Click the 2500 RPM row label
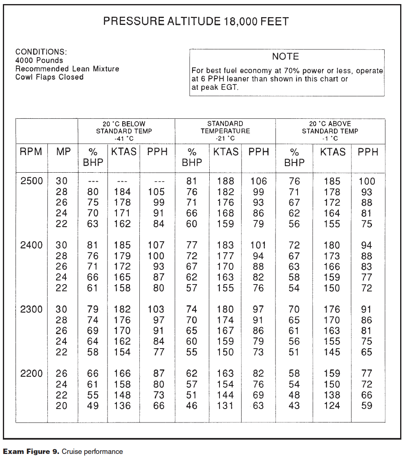pos(31,181)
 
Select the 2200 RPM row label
pos(31,373)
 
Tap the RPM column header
pos(31,152)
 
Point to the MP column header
pos(63,152)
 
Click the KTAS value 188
pos(225,181)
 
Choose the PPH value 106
pos(258,181)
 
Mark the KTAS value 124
pos(331,406)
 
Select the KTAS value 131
pos(225,406)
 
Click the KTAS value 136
pos(122,406)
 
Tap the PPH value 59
pos(367,406)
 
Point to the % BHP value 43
pos(294,406)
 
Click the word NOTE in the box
pos(285,57)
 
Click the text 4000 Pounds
pos(39,60)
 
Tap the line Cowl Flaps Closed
pos(49,77)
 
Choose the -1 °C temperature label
pos(330,139)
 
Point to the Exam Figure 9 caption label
pos(31,451)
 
